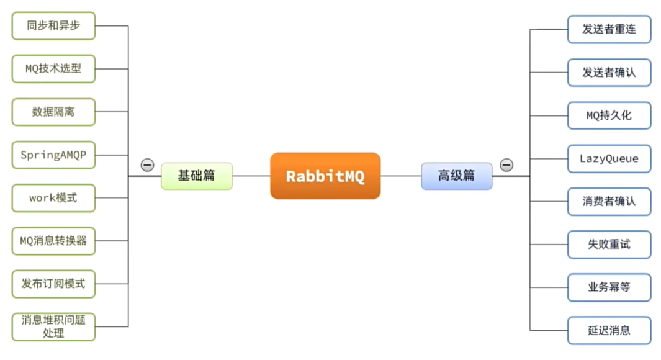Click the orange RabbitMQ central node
pos(325,176)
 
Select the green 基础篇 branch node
pos(197,176)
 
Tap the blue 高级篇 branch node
pos(456,176)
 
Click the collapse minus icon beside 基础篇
pos(147,165)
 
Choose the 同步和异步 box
pos(53,26)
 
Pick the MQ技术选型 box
pos(53,69)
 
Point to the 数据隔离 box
pos(53,112)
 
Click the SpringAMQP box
pos(53,155)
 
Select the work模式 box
pos(53,198)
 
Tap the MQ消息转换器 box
pos(53,241)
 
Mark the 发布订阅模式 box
pos(53,284)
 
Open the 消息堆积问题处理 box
pos(53,326)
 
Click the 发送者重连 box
pos(609,29)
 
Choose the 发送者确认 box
pos(609,72)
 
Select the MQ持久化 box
pos(609,115)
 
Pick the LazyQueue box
pos(609,158)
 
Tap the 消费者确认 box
pos(609,201)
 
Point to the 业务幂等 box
pos(609,287)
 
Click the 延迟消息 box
pos(609,330)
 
